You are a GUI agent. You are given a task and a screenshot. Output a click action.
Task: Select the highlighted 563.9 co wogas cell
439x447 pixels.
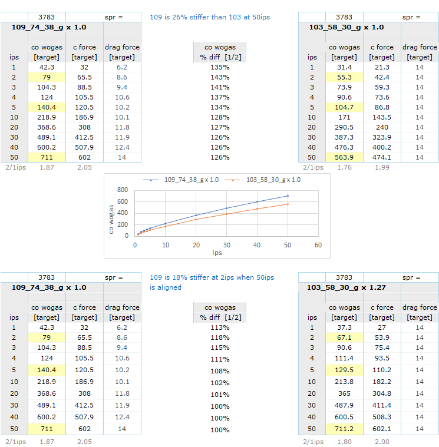coord(344,157)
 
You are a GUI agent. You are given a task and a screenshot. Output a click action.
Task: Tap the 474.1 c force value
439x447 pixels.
coord(381,157)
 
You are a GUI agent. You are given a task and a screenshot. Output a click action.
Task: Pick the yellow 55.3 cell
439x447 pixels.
coord(344,77)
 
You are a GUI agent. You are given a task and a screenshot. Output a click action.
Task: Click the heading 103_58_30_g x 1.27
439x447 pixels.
coord(346,287)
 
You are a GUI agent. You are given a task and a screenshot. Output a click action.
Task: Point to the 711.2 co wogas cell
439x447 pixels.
coord(344,429)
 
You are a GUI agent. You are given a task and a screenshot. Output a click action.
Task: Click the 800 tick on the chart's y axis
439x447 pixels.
coord(123,190)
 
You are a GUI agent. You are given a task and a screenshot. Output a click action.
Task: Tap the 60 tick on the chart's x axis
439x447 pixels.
coord(318,244)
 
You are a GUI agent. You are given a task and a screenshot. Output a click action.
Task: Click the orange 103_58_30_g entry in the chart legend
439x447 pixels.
coord(272,180)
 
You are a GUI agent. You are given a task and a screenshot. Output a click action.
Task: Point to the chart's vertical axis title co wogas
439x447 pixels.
coord(111,213)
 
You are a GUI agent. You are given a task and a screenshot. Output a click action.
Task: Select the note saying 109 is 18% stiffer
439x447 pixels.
coord(212,277)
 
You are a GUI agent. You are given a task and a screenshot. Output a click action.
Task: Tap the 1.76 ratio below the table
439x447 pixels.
coord(344,167)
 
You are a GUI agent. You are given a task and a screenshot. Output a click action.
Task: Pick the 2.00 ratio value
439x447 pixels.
coord(381,440)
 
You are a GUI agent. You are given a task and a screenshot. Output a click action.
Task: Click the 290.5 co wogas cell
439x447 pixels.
coord(344,127)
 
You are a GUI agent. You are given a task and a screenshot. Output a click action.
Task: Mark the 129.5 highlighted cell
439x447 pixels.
coord(344,370)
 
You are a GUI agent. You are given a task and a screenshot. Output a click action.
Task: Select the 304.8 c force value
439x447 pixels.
coord(381,393)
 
